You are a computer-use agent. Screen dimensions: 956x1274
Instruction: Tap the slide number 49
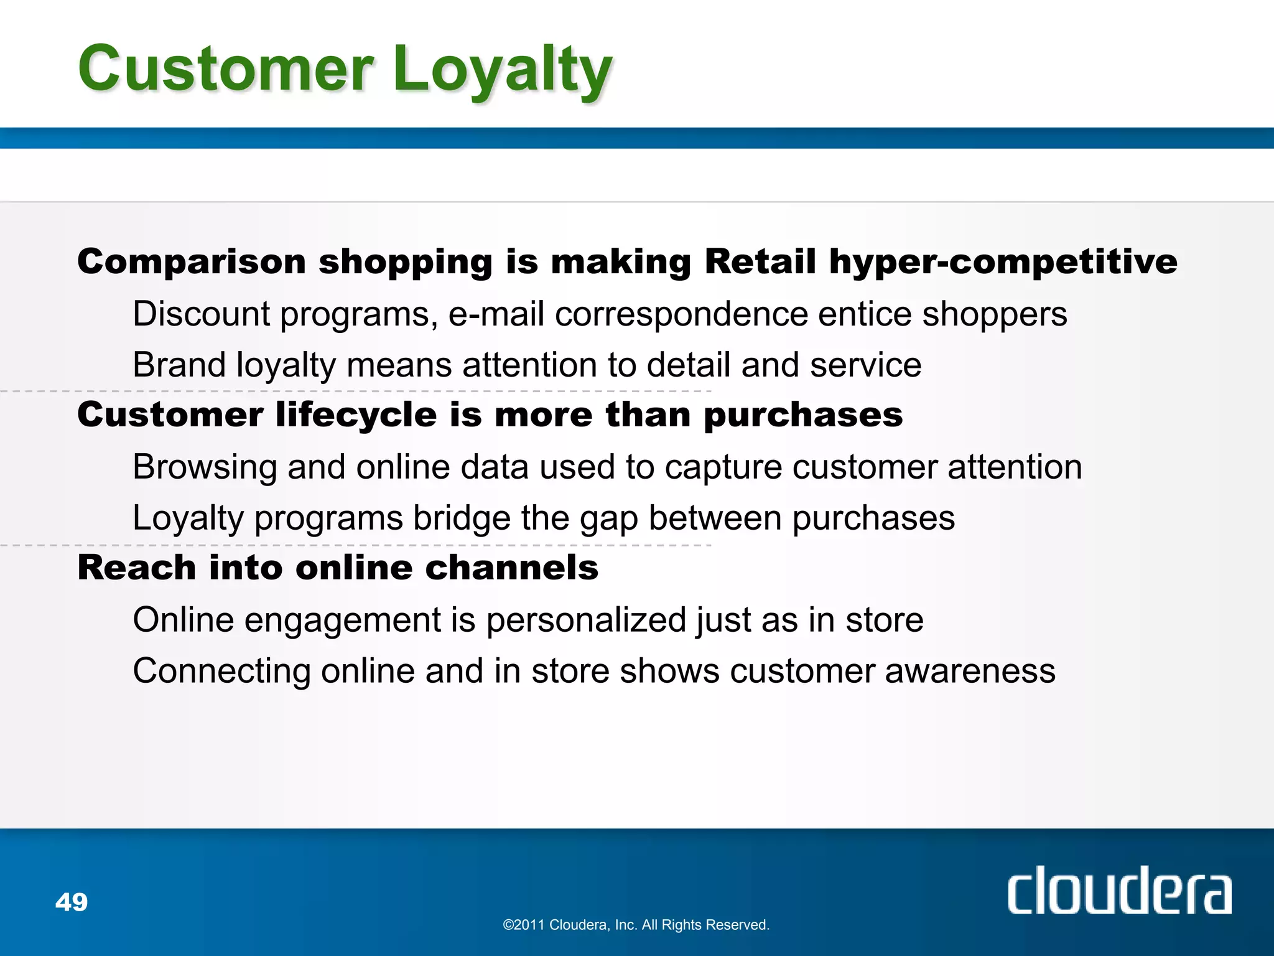[x=72, y=902]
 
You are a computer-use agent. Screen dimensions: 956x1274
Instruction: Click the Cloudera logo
[x=1119, y=891]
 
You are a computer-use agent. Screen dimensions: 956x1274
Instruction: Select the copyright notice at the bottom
[x=636, y=925]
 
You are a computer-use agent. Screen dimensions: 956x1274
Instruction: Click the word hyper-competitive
[x=1003, y=262]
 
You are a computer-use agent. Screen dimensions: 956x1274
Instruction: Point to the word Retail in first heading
[x=760, y=261]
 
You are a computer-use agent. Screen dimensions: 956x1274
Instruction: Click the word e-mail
[x=496, y=314]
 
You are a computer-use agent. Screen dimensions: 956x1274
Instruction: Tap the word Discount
[x=201, y=314]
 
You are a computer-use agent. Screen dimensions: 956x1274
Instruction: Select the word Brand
[x=179, y=365]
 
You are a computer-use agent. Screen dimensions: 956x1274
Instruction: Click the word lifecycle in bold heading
[x=356, y=415]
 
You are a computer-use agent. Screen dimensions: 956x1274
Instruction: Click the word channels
[x=511, y=568]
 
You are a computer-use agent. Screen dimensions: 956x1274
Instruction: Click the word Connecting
[x=221, y=672]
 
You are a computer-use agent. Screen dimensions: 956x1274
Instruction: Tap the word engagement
[x=343, y=621]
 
